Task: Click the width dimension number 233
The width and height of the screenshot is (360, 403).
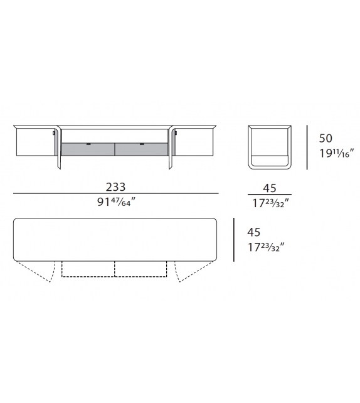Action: (115, 186)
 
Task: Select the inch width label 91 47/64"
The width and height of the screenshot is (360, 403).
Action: (115, 203)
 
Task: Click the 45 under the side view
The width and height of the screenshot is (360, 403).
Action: (270, 187)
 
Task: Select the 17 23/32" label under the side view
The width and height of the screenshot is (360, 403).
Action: (270, 203)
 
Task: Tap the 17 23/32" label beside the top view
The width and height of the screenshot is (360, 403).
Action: (265, 247)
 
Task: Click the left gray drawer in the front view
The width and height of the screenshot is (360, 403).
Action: (88, 148)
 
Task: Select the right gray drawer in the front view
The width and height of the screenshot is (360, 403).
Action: (142, 148)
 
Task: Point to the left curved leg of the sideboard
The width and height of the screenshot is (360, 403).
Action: (58, 148)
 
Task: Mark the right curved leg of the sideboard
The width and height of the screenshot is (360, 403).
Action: (171, 148)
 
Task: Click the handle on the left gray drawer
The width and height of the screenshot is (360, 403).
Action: (88, 144)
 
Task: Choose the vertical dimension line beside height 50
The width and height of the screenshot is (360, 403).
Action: (307, 147)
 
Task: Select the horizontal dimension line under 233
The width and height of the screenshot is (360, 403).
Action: (115, 194)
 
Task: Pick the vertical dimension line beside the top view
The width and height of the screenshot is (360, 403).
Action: (234, 240)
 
